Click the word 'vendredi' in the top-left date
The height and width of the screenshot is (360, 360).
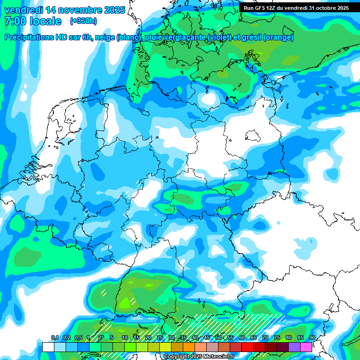23,10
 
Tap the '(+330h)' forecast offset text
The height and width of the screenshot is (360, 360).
83,21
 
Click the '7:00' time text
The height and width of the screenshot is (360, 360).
15,21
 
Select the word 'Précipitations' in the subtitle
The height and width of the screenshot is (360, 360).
33,37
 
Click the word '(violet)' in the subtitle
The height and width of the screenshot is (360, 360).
215,37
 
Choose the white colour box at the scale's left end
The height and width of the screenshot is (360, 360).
48,347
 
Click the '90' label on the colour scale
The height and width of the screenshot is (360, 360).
312,337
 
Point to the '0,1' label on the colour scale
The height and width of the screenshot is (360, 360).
54,337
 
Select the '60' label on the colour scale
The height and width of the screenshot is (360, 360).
241,337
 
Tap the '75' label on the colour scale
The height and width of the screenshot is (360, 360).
277,337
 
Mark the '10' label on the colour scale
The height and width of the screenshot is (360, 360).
124,337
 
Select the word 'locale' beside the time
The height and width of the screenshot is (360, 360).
45,21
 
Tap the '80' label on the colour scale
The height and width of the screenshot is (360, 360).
288,337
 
